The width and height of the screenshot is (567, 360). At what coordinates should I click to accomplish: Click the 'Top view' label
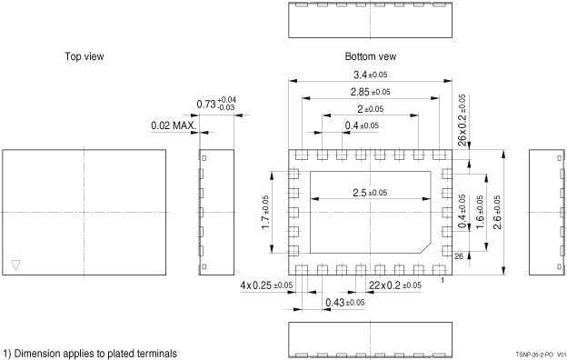pyautogui.click(x=85, y=56)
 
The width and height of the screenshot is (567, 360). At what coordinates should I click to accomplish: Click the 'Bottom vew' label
pyautogui.click(x=371, y=56)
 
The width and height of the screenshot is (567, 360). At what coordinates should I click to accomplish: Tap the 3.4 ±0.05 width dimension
pyautogui.click(x=371, y=75)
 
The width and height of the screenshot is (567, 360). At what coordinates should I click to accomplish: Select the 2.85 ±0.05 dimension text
pyautogui.click(x=371, y=92)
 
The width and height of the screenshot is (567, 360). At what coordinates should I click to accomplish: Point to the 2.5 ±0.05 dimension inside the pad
pyautogui.click(x=370, y=193)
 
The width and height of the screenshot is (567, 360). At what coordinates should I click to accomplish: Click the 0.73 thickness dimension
pyautogui.click(x=216, y=104)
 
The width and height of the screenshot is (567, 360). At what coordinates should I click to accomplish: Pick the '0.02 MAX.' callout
pyautogui.click(x=174, y=126)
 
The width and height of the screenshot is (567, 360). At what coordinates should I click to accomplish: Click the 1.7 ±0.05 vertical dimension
pyautogui.click(x=265, y=212)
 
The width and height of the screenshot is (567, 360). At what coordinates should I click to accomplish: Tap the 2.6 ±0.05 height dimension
pyautogui.click(x=497, y=212)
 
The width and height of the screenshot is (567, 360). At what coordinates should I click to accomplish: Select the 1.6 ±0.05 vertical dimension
pyautogui.click(x=480, y=212)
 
